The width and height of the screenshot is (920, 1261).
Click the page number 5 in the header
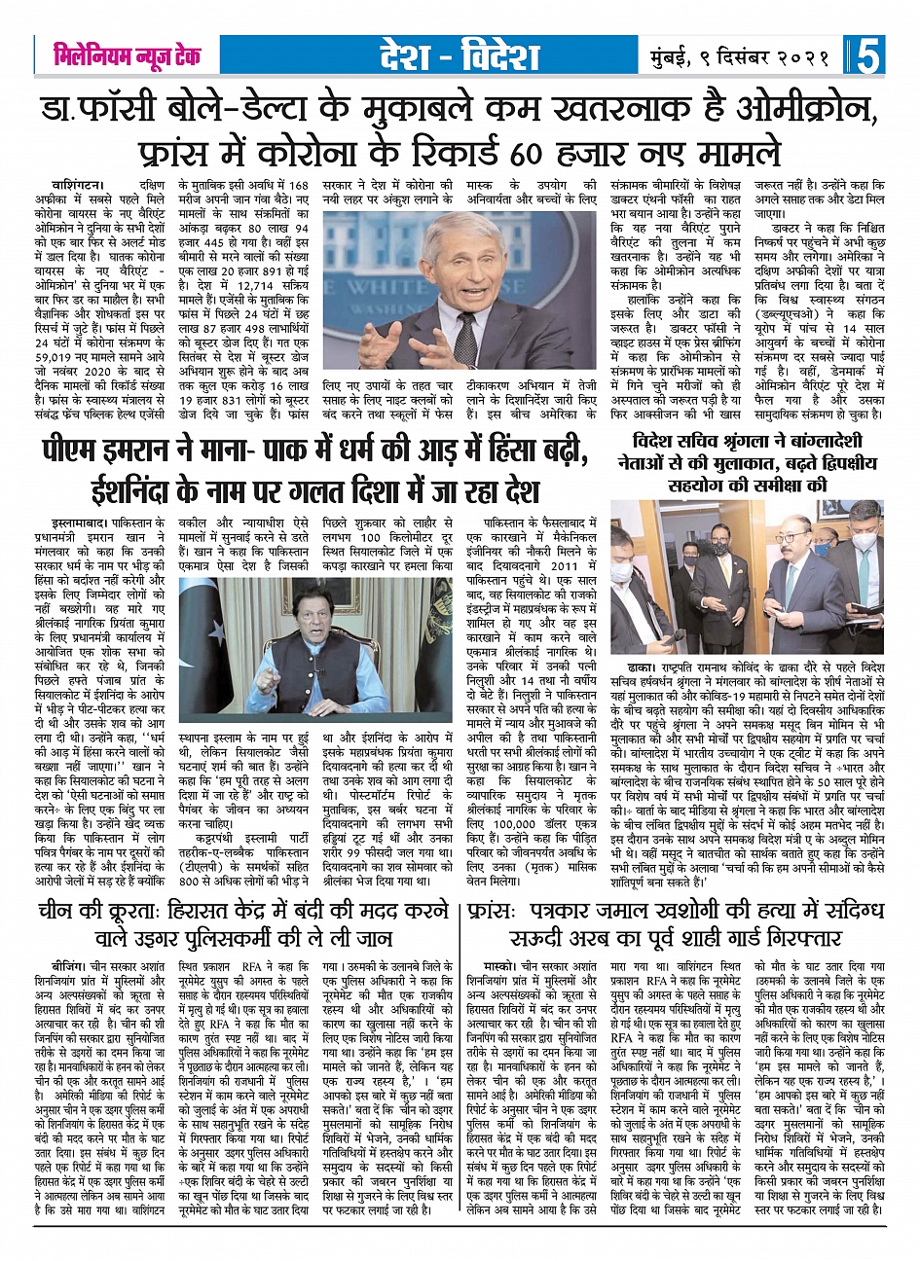point(867,56)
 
